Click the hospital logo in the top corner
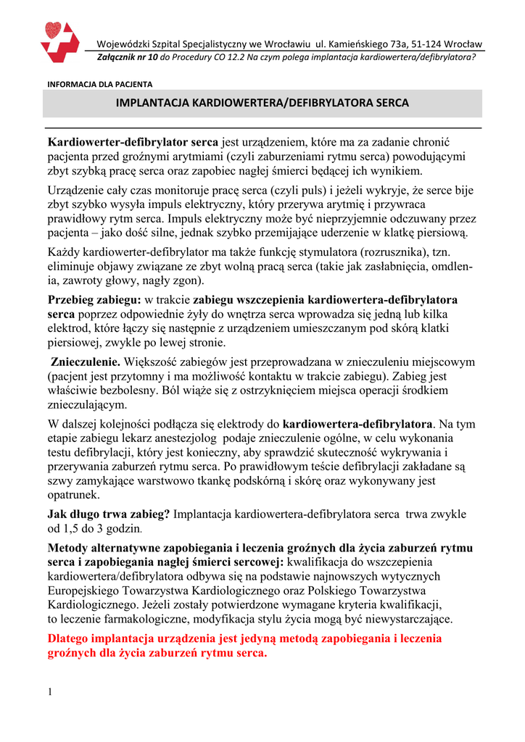tap(59, 42)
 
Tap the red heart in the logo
tap(52, 30)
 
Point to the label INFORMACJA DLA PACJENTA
tap(99, 84)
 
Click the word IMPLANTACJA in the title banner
tap(152, 103)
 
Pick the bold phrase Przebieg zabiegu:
tap(94, 299)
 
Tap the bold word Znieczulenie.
tap(86, 361)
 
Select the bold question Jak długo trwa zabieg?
tap(109, 514)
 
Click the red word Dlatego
tap(69, 638)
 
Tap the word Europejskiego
tap(83, 590)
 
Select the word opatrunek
tap(74, 495)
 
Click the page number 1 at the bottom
tap(50, 692)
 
